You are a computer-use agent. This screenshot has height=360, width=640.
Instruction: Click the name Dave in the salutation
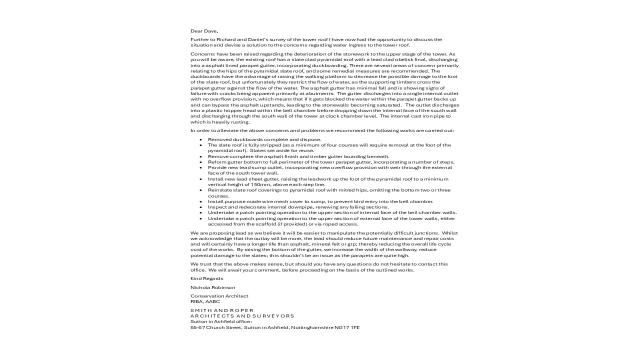point(211,31)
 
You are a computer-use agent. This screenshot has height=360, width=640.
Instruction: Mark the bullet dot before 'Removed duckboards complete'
point(200,139)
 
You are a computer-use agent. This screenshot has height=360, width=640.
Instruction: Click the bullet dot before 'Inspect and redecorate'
point(200,207)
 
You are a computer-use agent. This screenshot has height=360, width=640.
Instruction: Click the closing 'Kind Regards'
point(207,278)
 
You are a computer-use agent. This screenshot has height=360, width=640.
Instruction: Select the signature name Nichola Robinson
point(212,287)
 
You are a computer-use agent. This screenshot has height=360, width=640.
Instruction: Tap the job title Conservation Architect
point(219,296)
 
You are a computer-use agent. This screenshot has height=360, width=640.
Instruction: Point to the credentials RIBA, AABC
point(205,301)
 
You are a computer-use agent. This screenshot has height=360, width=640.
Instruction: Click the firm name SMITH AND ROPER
point(222,310)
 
